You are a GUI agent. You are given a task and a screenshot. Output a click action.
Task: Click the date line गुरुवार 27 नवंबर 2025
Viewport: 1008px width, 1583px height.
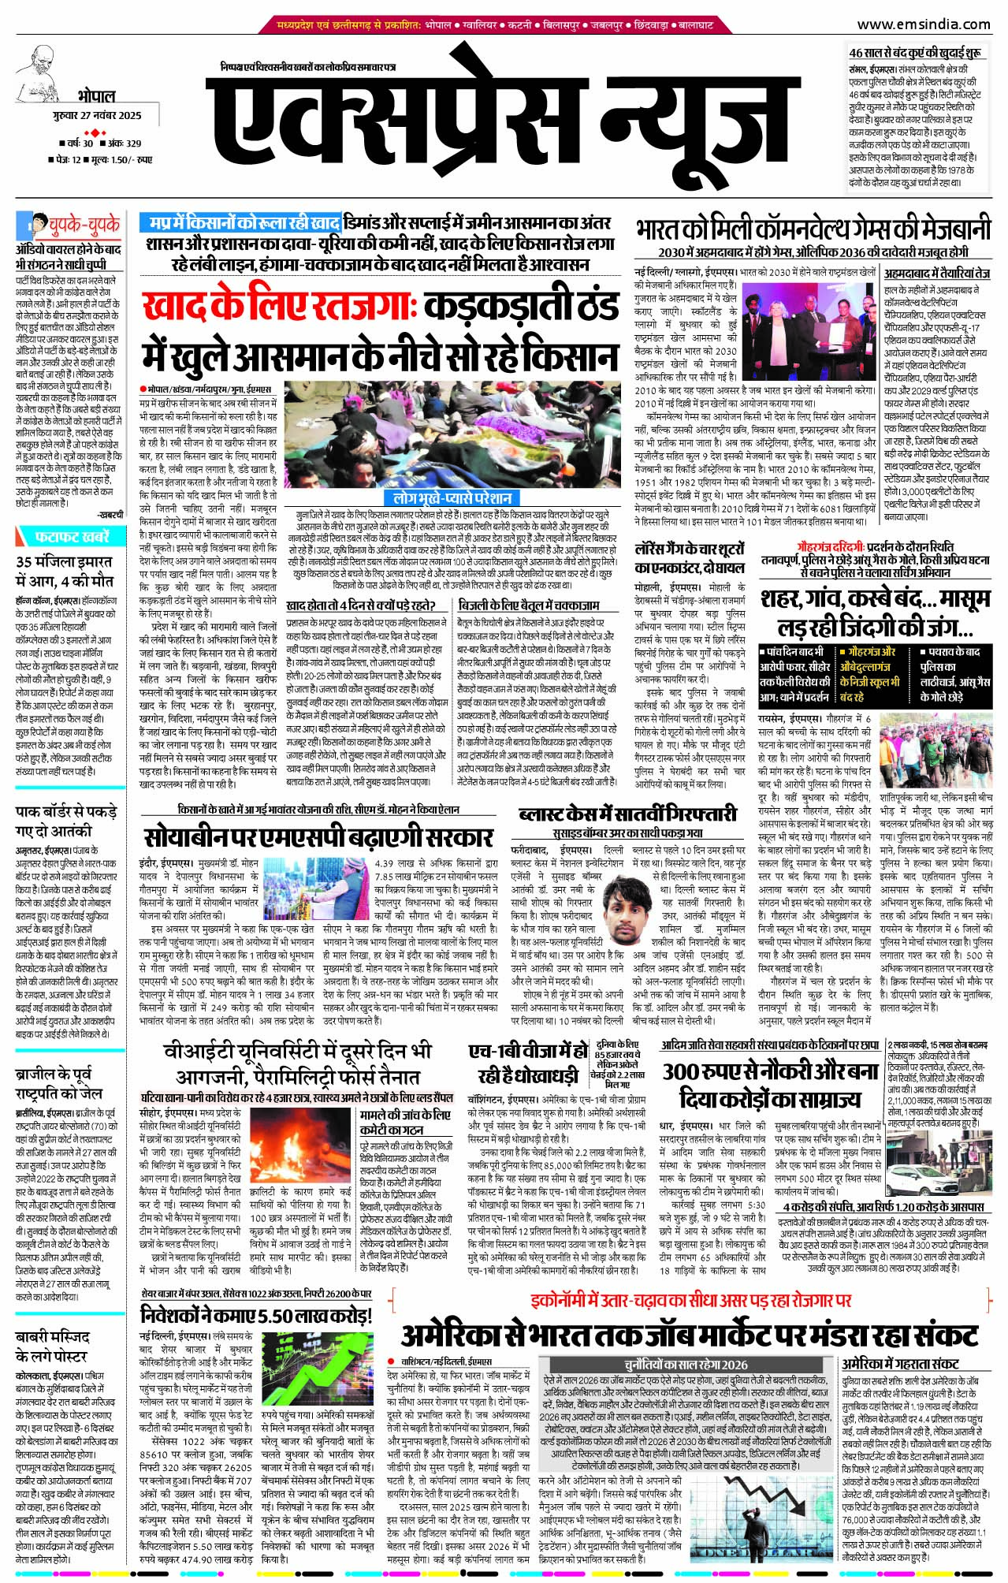99,115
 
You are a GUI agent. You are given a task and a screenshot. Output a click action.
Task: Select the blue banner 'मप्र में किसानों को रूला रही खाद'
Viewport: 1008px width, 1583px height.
247,223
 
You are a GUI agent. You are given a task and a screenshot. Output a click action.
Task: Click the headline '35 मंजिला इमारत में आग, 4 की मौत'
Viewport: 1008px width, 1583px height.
65,571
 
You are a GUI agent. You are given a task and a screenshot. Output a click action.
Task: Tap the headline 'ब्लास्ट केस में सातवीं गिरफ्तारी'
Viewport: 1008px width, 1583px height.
627,814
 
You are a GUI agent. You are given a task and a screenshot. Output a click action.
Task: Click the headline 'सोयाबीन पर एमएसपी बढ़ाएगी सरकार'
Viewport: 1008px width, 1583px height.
318,836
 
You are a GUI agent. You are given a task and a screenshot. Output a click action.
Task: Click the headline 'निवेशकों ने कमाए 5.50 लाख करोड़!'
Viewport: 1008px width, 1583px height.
255,1316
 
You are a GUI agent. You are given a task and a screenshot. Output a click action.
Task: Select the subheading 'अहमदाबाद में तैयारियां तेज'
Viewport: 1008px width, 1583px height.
936,274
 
